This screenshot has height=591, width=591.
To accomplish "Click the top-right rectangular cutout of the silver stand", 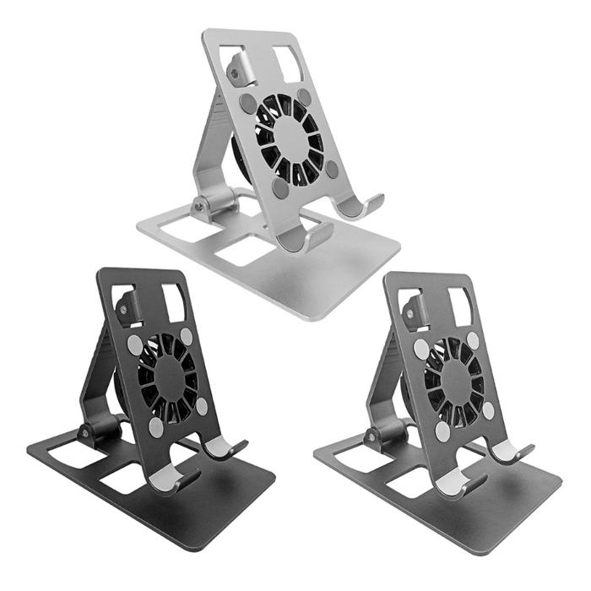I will pos(288,63).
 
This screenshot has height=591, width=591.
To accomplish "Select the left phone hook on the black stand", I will pos(171,480).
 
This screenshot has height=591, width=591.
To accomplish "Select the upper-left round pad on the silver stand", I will pos(247,103).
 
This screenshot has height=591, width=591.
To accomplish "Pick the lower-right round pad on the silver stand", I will pos(332,169).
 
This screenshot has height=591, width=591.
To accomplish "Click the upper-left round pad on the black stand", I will pos(134,344).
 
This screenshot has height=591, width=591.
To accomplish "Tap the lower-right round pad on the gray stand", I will pos(488,409).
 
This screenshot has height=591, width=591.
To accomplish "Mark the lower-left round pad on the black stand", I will pos(156,427).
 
